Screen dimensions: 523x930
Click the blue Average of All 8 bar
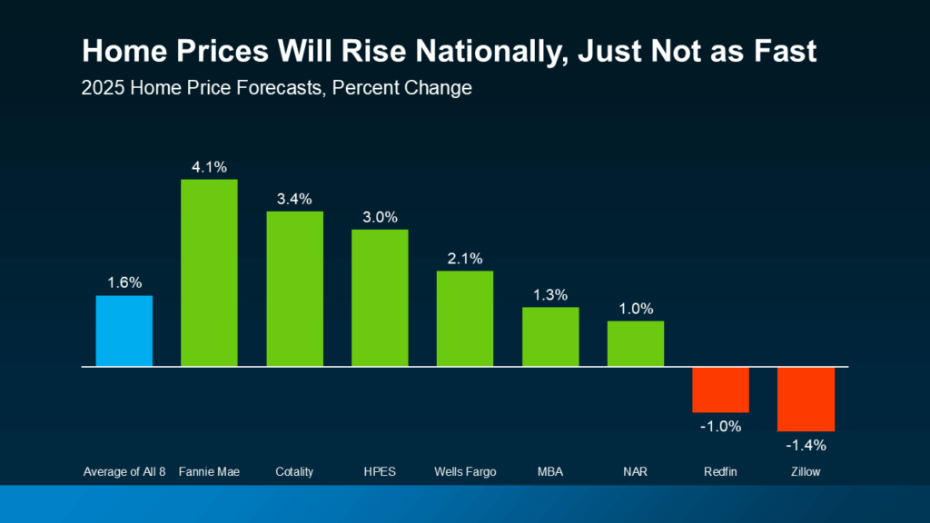click(x=124, y=331)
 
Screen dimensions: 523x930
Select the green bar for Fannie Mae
click(x=209, y=273)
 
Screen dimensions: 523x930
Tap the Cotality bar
click(x=294, y=289)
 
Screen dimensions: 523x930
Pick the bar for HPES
click(x=380, y=298)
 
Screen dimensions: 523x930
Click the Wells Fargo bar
click(x=465, y=319)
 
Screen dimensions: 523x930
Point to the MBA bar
click(x=550, y=337)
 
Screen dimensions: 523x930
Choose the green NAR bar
click(x=636, y=343)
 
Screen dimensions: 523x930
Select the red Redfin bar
click(x=720, y=390)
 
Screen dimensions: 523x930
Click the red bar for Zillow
click(x=806, y=399)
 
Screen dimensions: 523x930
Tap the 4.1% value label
click(x=209, y=166)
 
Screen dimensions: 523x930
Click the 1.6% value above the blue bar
click(x=124, y=282)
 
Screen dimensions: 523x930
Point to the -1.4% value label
click(x=806, y=445)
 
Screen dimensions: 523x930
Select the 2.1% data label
click(x=465, y=258)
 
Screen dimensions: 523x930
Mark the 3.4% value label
click(x=294, y=198)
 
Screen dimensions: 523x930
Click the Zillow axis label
click(x=806, y=471)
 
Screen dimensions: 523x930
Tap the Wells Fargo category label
click(x=465, y=471)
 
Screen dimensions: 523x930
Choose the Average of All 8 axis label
click(x=124, y=471)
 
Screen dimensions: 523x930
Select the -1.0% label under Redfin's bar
click(x=720, y=426)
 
